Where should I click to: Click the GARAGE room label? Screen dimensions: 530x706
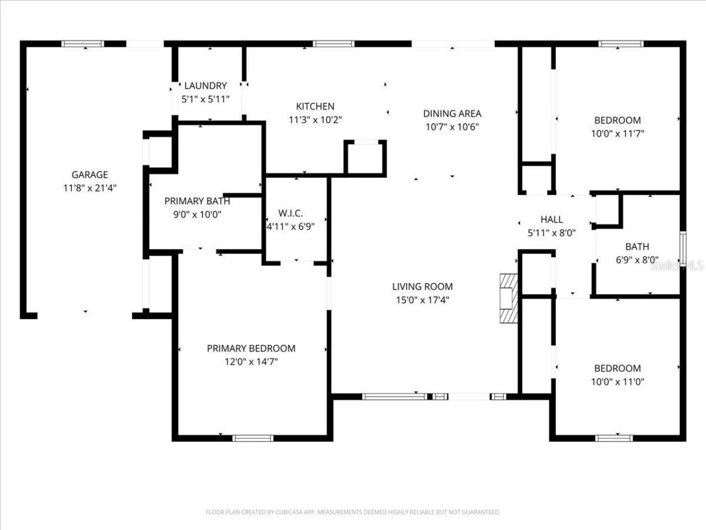[x=89, y=175]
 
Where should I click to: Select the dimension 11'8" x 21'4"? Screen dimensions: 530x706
[x=89, y=188]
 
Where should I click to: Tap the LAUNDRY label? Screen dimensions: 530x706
[x=205, y=86]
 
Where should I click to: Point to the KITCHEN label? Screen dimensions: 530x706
[x=315, y=107]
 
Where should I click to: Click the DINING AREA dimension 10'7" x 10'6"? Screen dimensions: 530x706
[x=452, y=127]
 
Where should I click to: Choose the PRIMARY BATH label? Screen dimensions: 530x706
[x=197, y=201]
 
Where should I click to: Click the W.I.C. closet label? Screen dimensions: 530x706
[x=290, y=213]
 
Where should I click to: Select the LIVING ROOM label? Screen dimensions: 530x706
[x=422, y=287]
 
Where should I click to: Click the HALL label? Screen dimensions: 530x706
[x=552, y=220]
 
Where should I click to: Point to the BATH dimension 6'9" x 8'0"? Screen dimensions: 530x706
[x=637, y=260]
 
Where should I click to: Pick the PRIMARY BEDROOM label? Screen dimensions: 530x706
[x=251, y=348]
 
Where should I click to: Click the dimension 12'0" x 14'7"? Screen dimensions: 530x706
[x=251, y=362]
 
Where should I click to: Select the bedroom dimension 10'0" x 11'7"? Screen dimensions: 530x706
[x=617, y=134]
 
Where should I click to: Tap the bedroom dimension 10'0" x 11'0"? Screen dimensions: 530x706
[x=617, y=381]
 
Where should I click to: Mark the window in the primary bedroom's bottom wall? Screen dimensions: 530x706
[x=253, y=438]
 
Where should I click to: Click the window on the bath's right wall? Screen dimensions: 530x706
[x=683, y=248]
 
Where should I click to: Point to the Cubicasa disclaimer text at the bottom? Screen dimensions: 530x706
[x=353, y=512]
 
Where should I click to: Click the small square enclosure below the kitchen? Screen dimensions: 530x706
[x=365, y=158]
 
